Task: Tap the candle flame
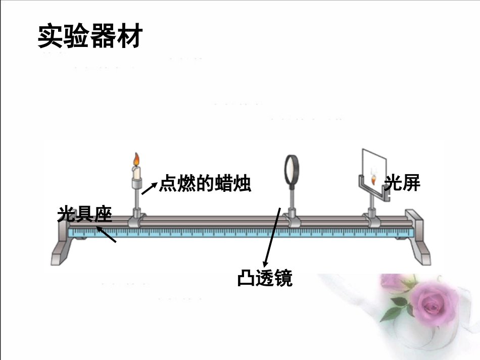135,160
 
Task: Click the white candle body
136,173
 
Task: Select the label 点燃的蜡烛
205,183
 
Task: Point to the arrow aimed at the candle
149,188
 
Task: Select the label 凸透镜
265,278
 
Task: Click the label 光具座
84,214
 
